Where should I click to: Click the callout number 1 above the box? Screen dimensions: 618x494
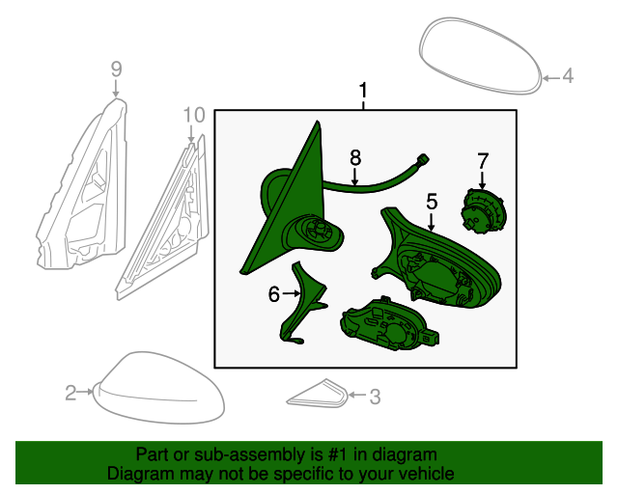[363, 91]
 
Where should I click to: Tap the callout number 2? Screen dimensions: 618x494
[70, 393]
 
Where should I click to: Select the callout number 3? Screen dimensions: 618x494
[375, 397]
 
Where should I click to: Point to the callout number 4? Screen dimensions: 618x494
[568, 75]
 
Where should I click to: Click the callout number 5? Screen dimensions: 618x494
[432, 202]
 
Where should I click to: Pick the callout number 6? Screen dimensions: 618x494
[274, 294]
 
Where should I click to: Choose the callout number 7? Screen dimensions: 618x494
[483, 161]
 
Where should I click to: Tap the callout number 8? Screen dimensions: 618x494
[355, 158]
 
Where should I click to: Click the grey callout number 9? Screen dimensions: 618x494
[116, 69]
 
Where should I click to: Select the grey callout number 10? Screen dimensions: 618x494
[194, 115]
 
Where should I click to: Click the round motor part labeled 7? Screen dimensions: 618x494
[483, 211]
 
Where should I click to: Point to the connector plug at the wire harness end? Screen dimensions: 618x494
[424, 159]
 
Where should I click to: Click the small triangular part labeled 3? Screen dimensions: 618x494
[318, 394]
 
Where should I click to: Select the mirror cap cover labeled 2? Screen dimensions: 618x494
[158, 388]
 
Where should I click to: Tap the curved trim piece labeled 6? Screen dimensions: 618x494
[301, 304]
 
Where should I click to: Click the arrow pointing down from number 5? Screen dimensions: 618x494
[432, 222]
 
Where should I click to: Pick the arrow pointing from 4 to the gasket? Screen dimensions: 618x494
[551, 78]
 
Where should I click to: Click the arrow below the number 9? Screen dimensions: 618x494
[116, 88]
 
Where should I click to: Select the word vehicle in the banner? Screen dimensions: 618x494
[429, 474]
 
